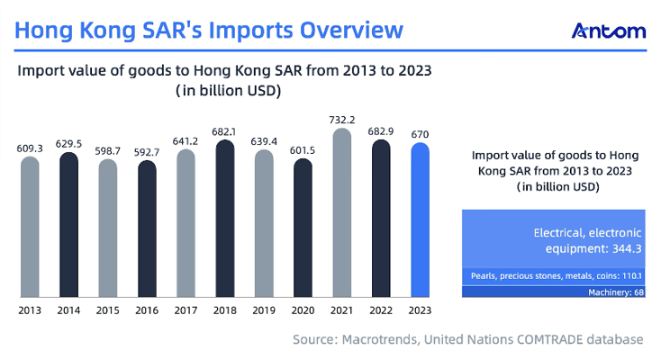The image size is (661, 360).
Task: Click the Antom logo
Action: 609,31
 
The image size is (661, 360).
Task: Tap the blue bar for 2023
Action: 421,220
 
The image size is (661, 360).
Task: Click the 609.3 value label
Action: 30,148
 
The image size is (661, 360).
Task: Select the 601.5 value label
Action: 303,149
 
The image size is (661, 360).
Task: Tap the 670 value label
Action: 421,133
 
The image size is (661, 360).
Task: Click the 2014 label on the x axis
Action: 68,310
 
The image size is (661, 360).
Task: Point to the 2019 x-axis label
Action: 264,310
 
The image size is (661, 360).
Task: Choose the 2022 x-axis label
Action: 381,310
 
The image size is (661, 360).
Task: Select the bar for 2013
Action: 30,226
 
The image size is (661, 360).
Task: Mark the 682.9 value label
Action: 381,130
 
